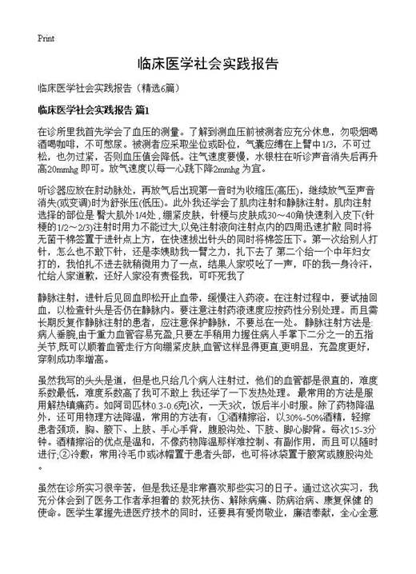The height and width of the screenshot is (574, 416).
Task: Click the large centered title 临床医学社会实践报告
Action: pos(207,63)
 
